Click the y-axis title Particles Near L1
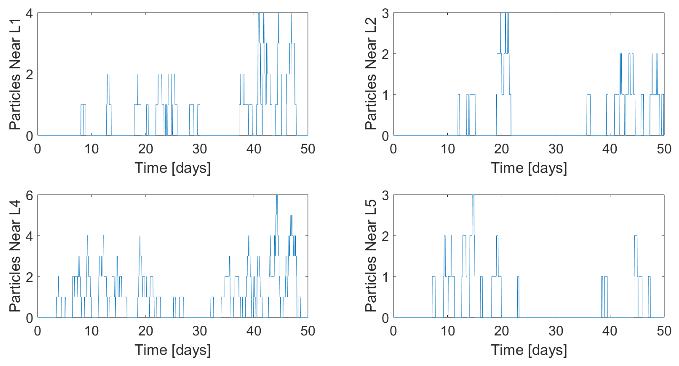[15, 74]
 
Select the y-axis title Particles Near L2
[371, 74]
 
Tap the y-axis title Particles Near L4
[15, 256]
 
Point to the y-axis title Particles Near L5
[371, 256]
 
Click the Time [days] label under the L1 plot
[173, 168]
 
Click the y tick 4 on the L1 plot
[29, 13]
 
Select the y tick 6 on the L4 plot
[29, 195]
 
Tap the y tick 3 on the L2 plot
[385, 13]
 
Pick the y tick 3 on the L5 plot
[385, 195]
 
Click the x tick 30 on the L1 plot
[199, 149]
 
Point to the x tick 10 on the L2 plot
[448, 149]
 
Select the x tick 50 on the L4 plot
[308, 331]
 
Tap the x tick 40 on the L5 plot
[610, 331]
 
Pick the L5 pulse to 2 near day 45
[636, 236]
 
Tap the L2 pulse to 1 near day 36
[589, 95]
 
